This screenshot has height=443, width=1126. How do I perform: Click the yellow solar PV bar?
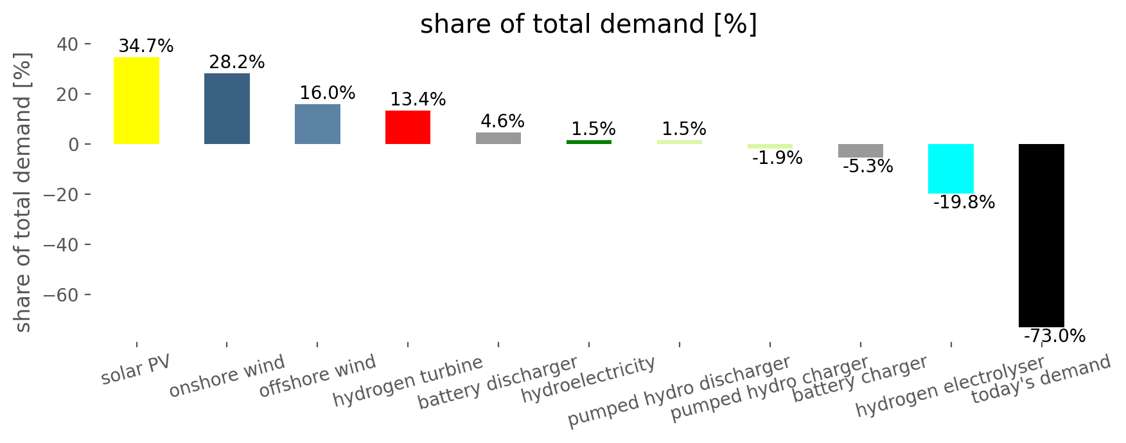(136, 101)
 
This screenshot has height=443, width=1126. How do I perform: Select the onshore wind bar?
(227, 109)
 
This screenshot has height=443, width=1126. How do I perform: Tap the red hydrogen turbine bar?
(408, 127)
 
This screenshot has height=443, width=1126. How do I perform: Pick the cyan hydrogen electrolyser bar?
(951, 168)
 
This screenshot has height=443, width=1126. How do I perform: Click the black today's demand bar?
(1041, 235)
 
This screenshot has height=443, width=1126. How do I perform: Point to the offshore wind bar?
(317, 124)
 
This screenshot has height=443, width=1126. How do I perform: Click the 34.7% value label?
(146, 46)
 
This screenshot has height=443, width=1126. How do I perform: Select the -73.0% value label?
(1054, 336)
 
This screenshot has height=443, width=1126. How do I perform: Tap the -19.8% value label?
(963, 203)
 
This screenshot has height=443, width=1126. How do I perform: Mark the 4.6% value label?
(502, 122)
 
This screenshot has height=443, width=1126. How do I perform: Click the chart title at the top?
(588, 24)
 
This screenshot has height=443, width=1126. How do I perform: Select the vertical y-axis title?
(23, 192)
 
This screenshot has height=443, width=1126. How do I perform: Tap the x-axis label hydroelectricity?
(588, 379)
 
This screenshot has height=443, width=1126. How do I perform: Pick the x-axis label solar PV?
(136, 369)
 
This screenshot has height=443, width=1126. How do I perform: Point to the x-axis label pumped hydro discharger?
(679, 391)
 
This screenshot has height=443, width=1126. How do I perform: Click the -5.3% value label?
(867, 167)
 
